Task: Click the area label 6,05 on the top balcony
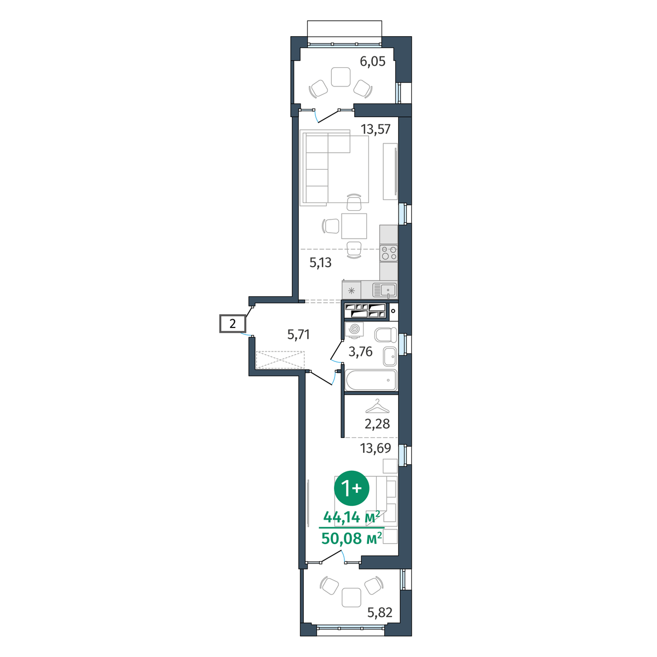point(373,62)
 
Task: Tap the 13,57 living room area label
point(376,129)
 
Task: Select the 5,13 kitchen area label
point(320,263)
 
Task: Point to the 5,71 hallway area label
point(298,335)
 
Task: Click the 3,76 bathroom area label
point(360,351)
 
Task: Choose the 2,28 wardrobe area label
point(377,424)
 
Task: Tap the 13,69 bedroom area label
point(376,448)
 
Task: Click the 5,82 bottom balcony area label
point(379,613)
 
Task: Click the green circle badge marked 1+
point(351,488)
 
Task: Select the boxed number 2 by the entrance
point(233,323)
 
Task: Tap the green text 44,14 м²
point(351,517)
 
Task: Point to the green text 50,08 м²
point(351,539)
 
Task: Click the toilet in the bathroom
point(385,335)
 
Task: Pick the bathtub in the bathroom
point(371,380)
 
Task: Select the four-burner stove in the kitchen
point(389,253)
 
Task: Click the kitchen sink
point(384,291)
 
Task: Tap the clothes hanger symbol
point(377,406)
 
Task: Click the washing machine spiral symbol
point(354,330)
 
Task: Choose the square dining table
point(354,226)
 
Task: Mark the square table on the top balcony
point(341,77)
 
